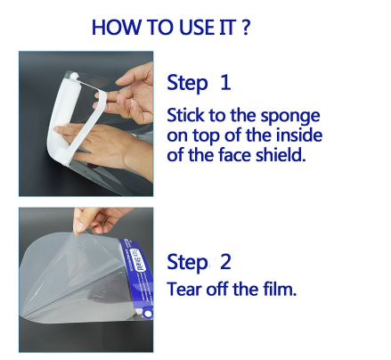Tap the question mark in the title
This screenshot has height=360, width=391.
coord(246,27)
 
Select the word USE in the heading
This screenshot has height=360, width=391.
coord(197,27)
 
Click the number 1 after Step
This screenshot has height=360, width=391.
coord(225,82)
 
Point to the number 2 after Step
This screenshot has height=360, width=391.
coord(225,262)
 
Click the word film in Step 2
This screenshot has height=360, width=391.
coord(280,289)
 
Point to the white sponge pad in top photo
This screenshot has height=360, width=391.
coord(61,119)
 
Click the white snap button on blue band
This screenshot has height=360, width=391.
coord(148,315)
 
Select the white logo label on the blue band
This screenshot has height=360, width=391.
coord(140,261)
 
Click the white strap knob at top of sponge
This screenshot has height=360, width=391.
coord(74,76)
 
